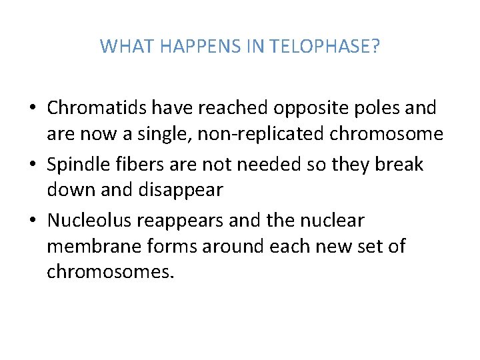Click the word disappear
[x=180, y=190]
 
